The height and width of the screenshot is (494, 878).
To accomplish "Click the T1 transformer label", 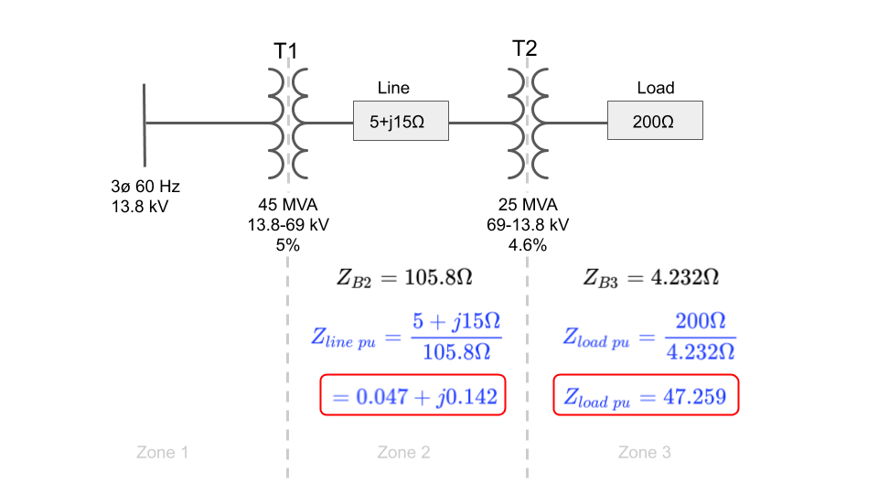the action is (x=285, y=51).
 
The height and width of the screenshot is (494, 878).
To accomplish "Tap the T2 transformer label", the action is (x=525, y=48).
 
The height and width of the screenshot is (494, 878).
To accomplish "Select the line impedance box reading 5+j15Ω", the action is (x=401, y=121).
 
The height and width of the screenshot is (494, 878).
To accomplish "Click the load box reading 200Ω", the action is (x=655, y=121).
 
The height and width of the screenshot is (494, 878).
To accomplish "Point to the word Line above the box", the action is (x=393, y=88).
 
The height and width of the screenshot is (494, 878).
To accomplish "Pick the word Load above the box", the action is (x=656, y=88).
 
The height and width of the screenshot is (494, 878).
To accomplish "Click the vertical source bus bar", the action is (x=145, y=125).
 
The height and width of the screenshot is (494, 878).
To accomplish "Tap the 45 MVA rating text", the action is (x=288, y=204).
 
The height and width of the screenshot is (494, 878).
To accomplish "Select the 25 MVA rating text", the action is (x=528, y=204).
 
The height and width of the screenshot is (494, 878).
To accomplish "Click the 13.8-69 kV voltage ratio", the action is (x=288, y=225).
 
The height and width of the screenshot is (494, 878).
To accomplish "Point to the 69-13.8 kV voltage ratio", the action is (x=528, y=225).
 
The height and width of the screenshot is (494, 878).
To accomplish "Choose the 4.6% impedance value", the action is (x=528, y=245).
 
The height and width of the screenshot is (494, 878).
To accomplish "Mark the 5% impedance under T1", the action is (x=288, y=245).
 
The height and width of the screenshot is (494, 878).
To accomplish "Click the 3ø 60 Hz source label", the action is (x=145, y=186).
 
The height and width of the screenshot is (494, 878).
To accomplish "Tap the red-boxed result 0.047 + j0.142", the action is (x=413, y=395).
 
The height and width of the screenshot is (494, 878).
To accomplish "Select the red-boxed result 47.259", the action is (x=647, y=395).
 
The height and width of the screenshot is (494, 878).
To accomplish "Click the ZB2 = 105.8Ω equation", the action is (x=404, y=277).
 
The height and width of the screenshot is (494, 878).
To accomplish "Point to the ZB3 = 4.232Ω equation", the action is (x=650, y=277).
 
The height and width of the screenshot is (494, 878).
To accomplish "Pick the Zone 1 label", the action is (x=163, y=452).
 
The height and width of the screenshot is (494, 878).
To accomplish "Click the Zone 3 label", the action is (x=645, y=452).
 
